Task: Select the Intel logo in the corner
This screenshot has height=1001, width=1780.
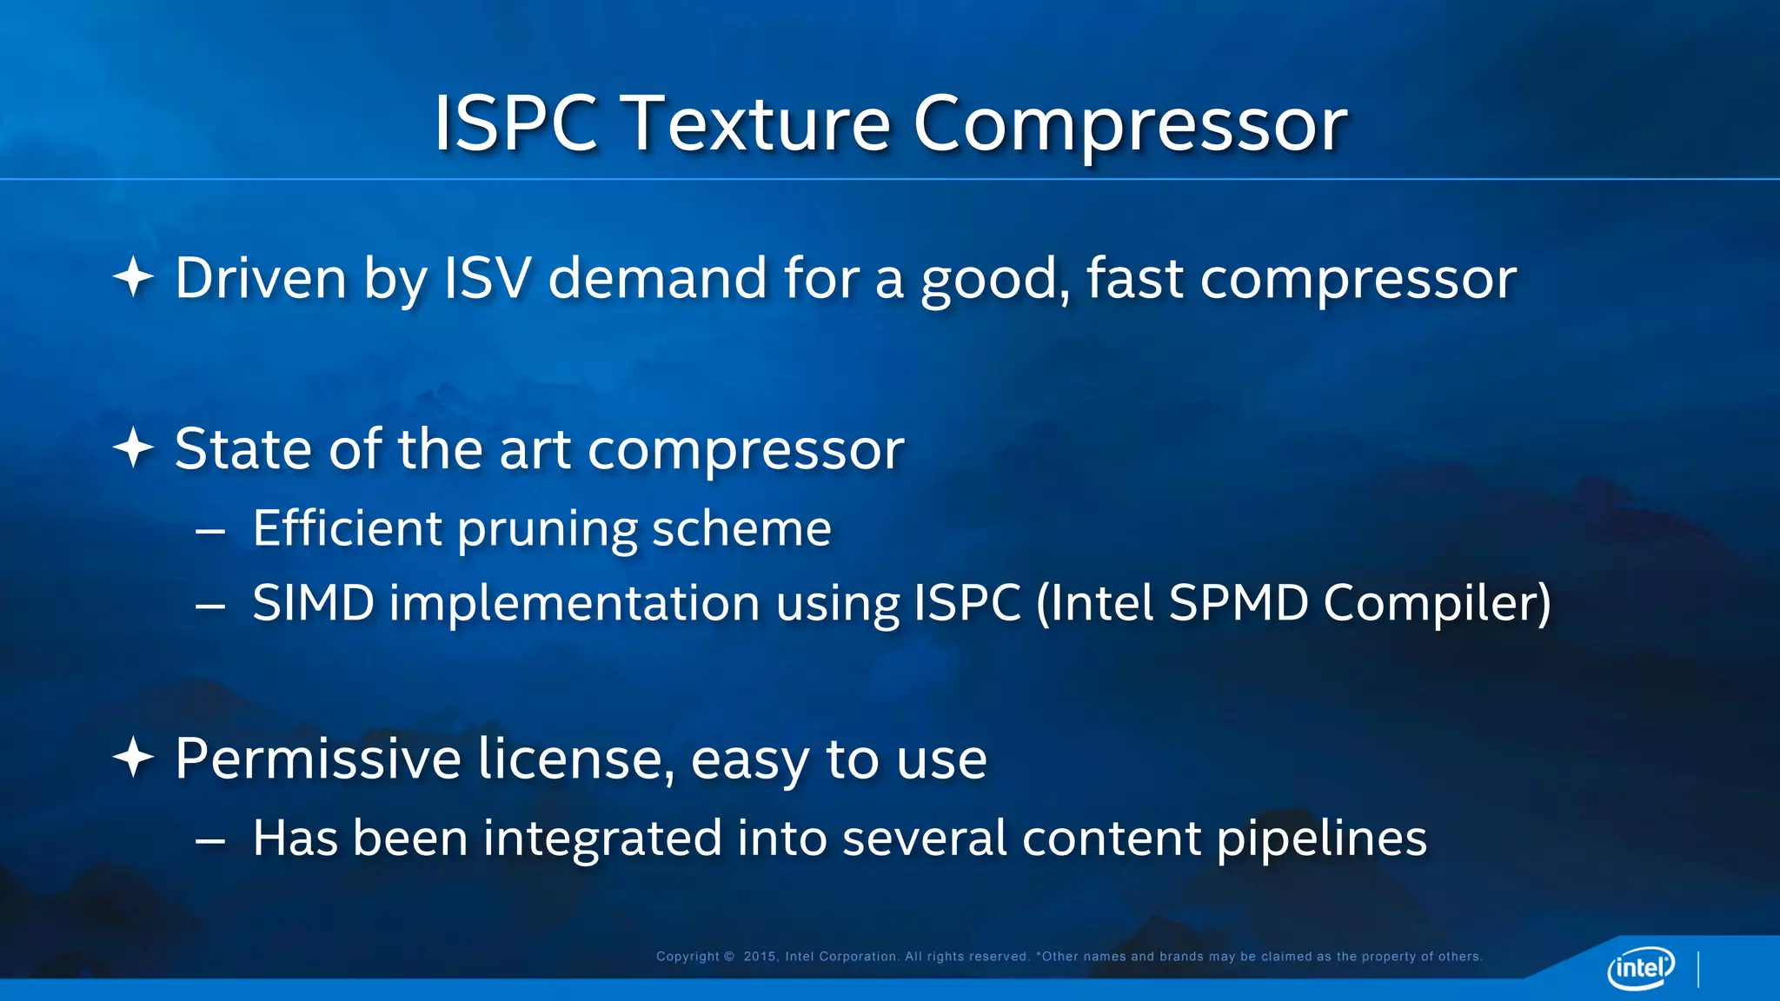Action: [1640, 967]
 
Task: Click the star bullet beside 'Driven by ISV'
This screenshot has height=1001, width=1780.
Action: [133, 278]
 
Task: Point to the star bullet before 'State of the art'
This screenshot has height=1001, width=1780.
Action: [133, 448]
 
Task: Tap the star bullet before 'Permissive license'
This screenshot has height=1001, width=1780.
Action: [133, 758]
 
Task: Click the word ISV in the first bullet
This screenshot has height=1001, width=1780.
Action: [487, 278]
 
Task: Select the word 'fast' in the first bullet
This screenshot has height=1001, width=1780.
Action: [1134, 278]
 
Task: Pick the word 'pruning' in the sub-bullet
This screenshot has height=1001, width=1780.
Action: [547, 529]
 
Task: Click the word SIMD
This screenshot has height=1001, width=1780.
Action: [313, 603]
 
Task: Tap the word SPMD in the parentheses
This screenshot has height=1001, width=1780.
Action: [1238, 603]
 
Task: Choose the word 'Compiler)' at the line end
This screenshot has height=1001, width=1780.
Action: [1437, 603]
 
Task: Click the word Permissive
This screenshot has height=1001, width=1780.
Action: [318, 759]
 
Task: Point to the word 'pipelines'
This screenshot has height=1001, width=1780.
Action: [1321, 839]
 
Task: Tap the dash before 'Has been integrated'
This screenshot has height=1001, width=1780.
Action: [210, 840]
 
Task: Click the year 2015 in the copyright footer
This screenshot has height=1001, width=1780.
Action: [760, 957]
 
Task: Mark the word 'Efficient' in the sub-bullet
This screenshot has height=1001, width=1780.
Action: [347, 527]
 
